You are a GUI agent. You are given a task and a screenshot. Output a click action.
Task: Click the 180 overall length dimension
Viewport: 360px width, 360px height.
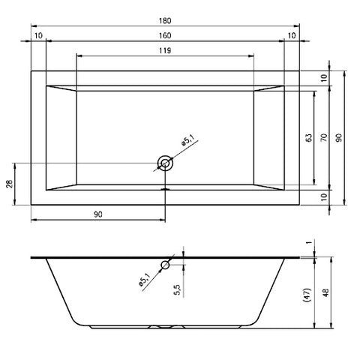(x=165, y=20)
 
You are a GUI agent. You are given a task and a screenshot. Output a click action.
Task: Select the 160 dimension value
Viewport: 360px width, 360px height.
(x=165, y=35)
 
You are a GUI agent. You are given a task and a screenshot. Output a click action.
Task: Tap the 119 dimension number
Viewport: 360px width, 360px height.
(x=165, y=51)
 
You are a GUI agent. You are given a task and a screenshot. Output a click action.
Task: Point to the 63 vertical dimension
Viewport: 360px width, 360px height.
(x=309, y=138)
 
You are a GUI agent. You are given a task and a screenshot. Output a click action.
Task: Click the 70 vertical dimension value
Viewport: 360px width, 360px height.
(x=324, y=138)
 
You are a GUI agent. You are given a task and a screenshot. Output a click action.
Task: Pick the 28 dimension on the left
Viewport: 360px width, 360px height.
(x=10, y=184)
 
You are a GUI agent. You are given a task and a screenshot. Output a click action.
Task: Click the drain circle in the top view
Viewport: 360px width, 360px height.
(x=165, y=163)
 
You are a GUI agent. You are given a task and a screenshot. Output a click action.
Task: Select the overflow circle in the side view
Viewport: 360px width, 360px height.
(x=165, y=265)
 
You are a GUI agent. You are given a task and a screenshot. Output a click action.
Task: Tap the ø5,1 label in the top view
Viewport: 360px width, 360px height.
(x=187, y=139)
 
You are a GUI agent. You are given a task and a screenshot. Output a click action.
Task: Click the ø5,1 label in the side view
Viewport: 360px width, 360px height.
(x=144, y=279)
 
